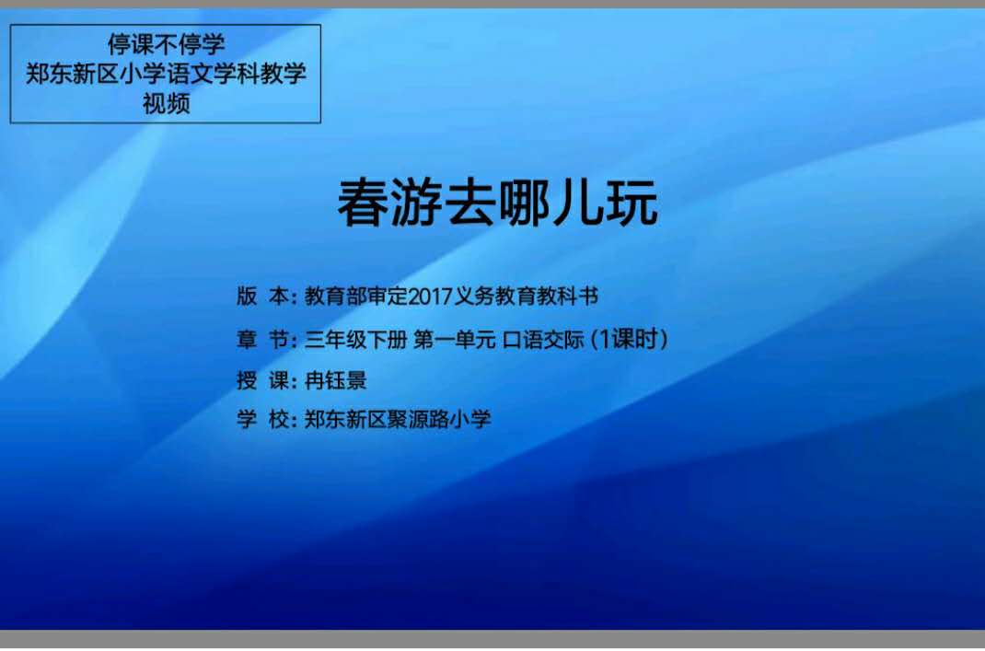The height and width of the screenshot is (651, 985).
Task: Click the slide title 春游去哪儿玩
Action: point(497,203)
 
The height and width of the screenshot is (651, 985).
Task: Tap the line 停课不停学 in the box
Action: point(166,44)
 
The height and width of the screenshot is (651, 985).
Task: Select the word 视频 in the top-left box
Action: point(166,103)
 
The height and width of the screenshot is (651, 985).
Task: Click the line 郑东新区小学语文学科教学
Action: point(166,74)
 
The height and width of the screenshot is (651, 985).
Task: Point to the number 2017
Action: point(431,296)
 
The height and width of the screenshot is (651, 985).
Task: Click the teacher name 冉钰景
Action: point(335,379)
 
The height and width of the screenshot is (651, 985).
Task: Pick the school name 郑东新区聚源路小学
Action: point(398,418)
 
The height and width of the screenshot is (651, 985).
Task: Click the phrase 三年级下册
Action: point(356,340)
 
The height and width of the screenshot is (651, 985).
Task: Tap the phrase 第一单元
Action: point(455,340)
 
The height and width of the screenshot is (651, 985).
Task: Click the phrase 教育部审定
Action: point(356,296)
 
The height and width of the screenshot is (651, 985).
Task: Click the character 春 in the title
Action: point(363,203)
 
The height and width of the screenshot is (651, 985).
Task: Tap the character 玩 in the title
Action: point(632,203)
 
